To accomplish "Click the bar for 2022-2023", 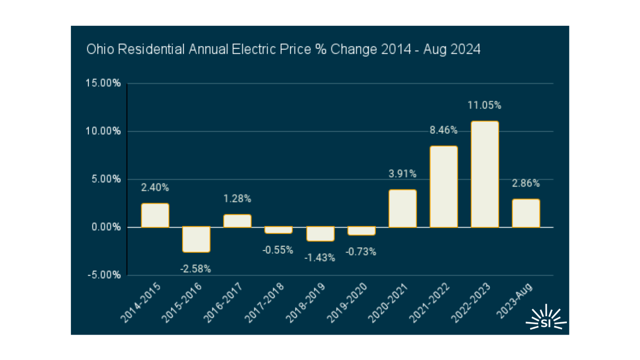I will point(485,174).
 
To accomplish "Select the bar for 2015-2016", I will point(196,239).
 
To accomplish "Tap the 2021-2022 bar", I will point(443,187).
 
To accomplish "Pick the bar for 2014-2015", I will point(155,215).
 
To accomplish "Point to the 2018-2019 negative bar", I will point(320,234).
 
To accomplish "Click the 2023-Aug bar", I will point(526,213).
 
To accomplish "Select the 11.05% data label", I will point(484,105).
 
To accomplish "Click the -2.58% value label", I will point(196,269).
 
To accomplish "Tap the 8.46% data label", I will point(443,130).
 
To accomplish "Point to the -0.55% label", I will point(278,250).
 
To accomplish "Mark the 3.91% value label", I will point(403,174).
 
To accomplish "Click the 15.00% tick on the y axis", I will point(103,83).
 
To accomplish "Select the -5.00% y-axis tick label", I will point(104,275).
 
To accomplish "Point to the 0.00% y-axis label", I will point(106,227).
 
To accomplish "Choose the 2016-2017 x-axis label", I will point(223,303).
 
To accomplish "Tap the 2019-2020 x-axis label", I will point(347,303).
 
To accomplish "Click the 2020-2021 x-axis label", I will point(388,303).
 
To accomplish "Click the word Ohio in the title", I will point(100,49).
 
